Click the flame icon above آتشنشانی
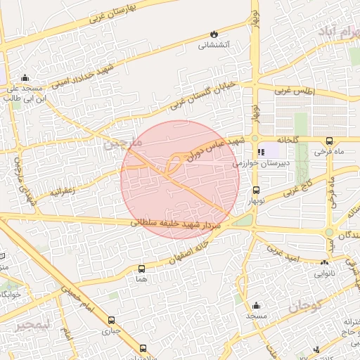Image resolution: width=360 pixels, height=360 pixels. point(214,34)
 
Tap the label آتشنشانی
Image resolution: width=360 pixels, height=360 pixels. point(214,45)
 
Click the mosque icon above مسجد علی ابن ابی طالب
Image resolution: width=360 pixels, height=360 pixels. point(26,78)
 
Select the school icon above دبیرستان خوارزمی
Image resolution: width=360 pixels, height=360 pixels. point(262,152)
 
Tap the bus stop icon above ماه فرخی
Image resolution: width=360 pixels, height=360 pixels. point(330,140)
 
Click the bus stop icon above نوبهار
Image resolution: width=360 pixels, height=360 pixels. point(255,190)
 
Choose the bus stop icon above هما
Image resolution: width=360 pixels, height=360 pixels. point(141,269)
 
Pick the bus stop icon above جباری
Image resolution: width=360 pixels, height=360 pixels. point(112,319)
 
